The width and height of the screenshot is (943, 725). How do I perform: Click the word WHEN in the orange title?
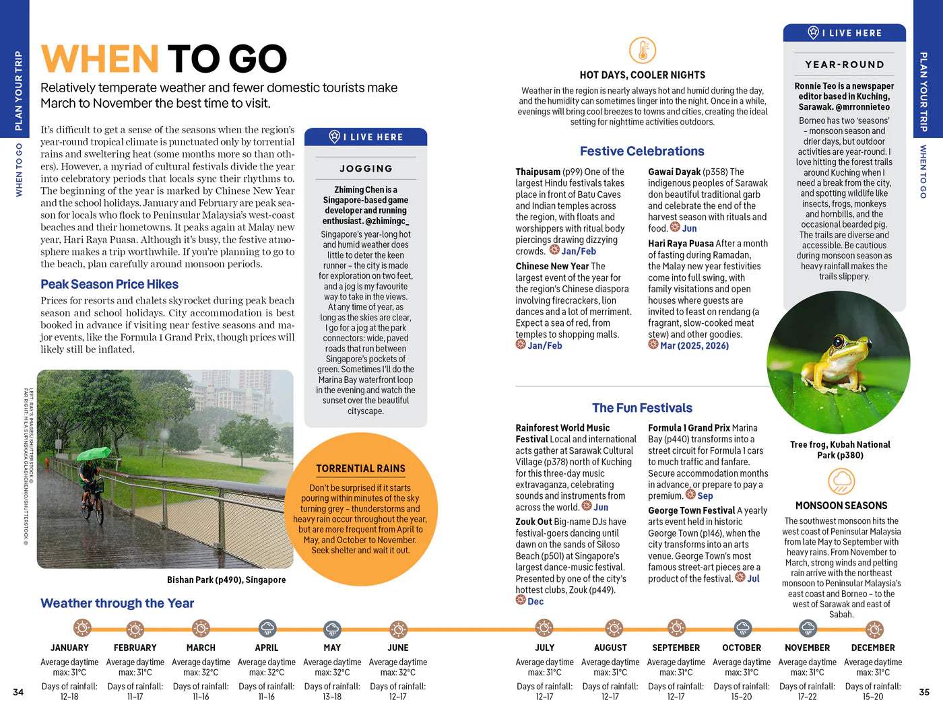100,59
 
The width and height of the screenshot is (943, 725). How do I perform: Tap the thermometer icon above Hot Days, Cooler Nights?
642,50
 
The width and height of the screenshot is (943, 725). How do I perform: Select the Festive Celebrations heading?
642,151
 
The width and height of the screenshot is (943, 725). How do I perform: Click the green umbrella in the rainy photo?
94,454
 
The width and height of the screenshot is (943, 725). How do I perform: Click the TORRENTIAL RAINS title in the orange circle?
361,469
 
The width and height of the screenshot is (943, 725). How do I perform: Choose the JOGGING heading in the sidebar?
366,168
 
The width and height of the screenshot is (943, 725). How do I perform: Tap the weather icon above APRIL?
267,629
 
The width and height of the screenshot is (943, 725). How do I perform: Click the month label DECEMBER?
873,648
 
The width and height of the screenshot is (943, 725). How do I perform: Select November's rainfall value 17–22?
807,697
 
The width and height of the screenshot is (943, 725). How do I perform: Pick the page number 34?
18,692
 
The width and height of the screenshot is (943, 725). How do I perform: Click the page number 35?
924,692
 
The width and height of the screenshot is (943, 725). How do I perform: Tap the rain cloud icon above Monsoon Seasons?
841,481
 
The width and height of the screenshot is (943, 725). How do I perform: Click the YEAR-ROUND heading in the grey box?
845,65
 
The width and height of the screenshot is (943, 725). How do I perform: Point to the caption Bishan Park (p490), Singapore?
226,580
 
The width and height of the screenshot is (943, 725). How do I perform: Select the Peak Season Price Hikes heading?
109,284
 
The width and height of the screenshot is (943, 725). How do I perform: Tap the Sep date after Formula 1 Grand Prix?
705,496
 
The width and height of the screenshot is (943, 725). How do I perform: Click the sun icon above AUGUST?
611,629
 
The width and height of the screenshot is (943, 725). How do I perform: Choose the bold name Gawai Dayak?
674,172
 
